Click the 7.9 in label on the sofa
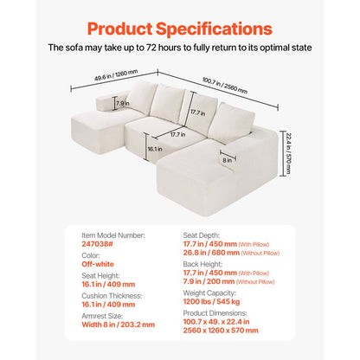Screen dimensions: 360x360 point(122,104)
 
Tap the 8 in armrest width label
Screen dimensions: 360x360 point(227,159)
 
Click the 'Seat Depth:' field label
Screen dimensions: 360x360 point(204,234)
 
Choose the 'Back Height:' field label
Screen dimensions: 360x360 point(205,265)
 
